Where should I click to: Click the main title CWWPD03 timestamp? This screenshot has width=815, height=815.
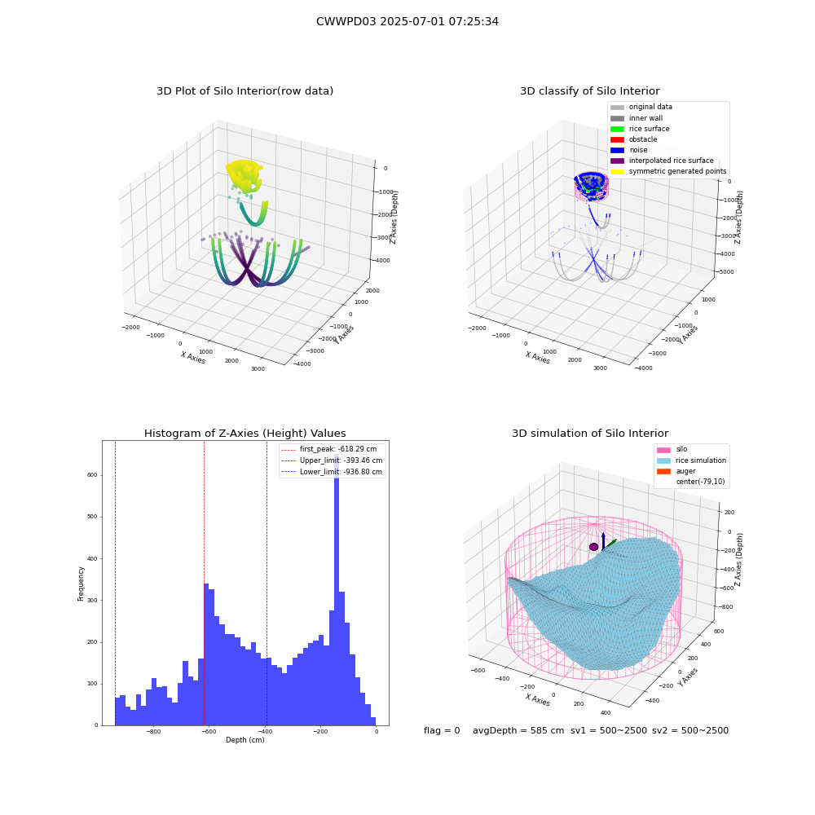click(x=407, y=22)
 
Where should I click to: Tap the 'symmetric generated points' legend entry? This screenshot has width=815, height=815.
click(x=668, y=171)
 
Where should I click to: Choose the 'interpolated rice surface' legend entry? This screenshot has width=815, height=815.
click(x=662, y=161)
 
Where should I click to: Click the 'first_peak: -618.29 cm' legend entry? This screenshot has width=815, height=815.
click(x=329, y=449)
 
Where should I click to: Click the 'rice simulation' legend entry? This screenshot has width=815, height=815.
click(x=692, y=460)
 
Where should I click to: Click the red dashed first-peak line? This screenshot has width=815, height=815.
click(x=204, y=584)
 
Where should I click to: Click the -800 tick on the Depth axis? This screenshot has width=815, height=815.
click(x=153, y=731)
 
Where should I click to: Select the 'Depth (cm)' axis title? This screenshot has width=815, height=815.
click(x=245, y=740)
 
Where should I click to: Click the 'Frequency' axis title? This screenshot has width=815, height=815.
click(x=81, y=584)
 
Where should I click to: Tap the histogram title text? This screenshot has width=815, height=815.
click(x=244, y=433)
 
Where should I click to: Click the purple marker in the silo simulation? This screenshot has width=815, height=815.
click(x=593, y=547)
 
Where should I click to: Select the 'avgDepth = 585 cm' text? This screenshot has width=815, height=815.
click(x=518, y=730)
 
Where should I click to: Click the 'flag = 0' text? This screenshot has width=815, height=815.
click(x=442, y=730)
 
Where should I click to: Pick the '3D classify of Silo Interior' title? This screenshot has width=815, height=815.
click(x=590, y=91)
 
